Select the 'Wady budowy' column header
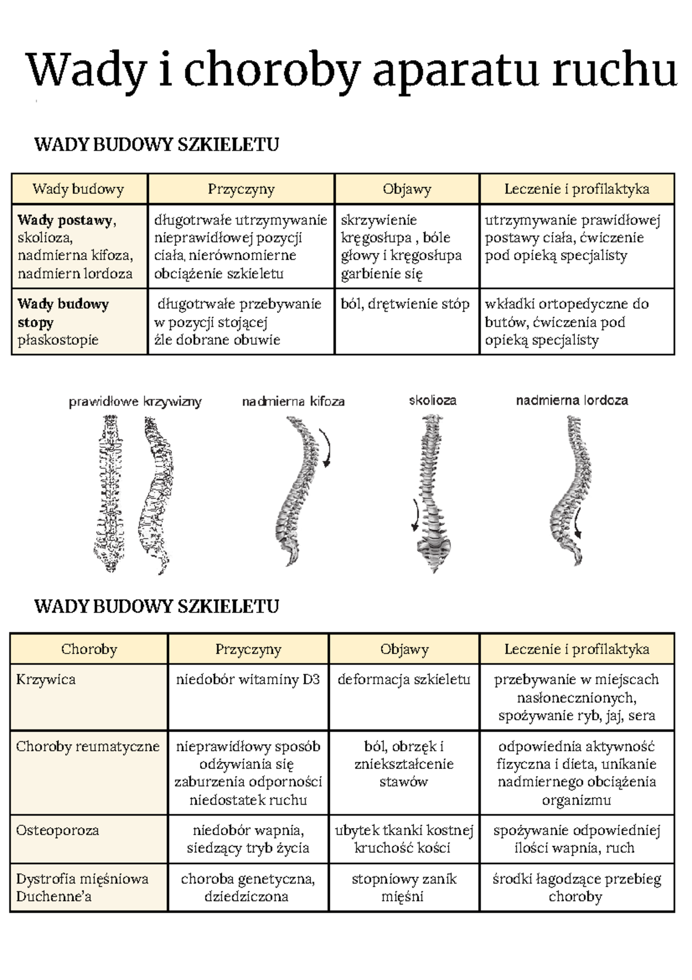coord(78,189)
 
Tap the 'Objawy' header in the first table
coord(407,189)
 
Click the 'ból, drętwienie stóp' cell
coord(405,304)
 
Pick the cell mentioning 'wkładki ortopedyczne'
coord(567,321)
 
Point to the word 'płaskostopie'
coord(58,340)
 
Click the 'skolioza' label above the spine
coord(432,400)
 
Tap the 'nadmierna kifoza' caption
coord(293,401)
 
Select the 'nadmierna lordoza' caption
coord(571,400)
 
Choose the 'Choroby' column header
coord(89,649)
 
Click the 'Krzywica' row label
coord(46,679)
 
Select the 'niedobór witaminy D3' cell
coord(247,679)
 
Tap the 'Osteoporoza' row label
coord(57,831)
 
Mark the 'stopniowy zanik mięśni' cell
coord(404,888)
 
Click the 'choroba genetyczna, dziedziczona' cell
coord(247,888)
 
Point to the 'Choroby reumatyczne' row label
coord(87,746)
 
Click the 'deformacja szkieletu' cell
coord(404,679)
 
